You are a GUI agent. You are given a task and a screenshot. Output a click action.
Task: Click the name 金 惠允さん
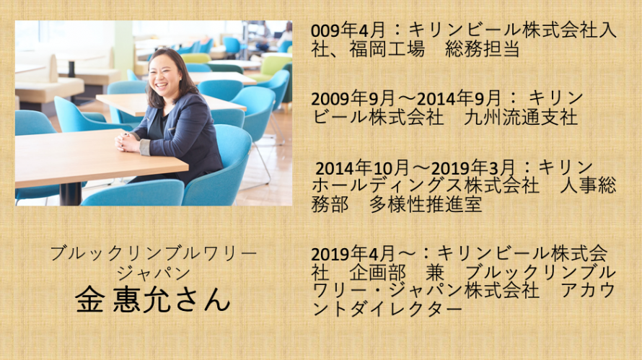[153, 300]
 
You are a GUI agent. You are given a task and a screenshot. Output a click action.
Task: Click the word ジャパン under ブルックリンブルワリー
[154, 273]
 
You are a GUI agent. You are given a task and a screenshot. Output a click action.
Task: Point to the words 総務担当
[483, 50]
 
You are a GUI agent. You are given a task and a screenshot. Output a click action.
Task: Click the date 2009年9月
[353, 99]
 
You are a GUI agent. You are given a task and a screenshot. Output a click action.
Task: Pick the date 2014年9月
[459, 99]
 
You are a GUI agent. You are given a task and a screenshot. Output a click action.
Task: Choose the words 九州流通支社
[520, 118]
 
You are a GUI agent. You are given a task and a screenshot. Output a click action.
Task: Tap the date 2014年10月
[363, 168]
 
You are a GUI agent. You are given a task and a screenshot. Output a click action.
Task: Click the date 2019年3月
[473, 168]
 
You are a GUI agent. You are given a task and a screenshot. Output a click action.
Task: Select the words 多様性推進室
[426, 205]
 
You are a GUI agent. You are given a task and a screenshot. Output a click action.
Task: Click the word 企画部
[377, 273]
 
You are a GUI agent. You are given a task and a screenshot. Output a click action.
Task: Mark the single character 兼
[435, 273]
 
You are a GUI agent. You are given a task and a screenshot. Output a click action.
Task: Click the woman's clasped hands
[128, 141]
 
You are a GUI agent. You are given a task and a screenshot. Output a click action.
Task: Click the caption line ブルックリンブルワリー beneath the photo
[153, 253]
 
